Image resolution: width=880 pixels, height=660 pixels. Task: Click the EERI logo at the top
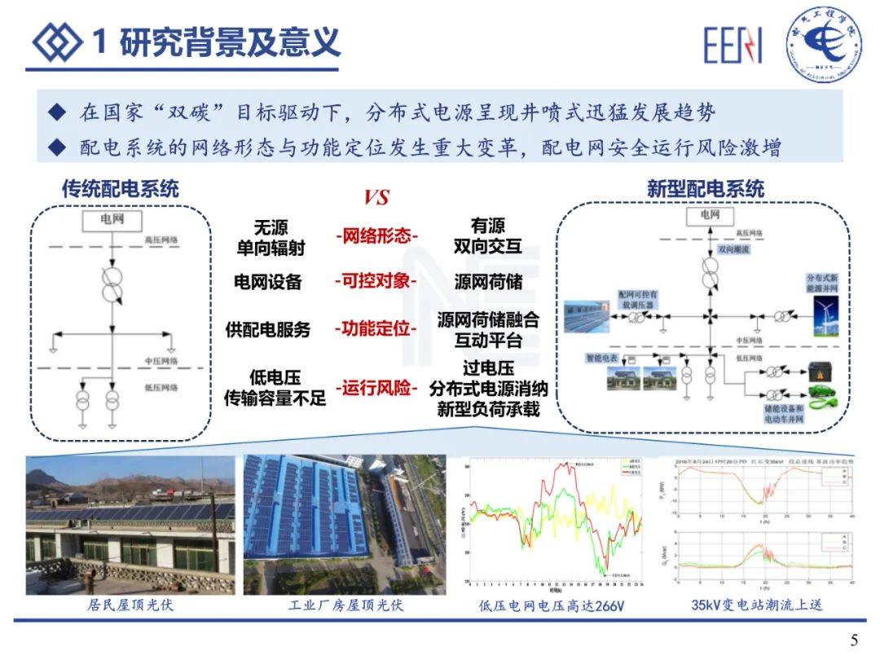(x=733, y=46)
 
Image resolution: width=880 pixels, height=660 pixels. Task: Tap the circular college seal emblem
(x=824, y=43)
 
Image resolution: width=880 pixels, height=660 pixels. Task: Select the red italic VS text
(x=376, y=197)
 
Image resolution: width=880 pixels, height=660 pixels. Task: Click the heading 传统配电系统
(x=121, y=188)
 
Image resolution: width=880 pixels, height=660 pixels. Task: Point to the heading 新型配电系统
(x=706, y=189)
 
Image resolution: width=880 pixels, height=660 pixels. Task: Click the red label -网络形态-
(x=376, y=236)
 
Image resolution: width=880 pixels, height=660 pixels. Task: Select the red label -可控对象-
(x=376, y=280)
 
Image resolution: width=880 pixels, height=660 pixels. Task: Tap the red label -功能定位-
(x=376, y=329)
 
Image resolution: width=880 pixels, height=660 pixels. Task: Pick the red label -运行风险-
(x=376, y=388)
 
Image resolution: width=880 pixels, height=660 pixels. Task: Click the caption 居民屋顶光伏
(x=130, y=605)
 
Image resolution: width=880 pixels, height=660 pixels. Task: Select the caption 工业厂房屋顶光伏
(x=345, y=605)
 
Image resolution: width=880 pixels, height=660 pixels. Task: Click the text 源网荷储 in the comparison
(x=488, y=281)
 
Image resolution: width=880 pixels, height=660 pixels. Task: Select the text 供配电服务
(x=268, y=330)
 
